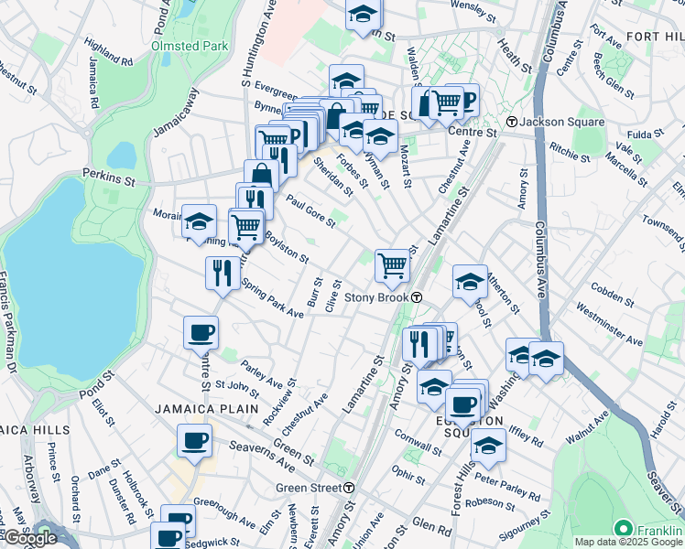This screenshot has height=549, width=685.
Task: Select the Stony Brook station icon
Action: [x=416, y=297]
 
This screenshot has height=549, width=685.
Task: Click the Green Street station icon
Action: [x=349, y=488]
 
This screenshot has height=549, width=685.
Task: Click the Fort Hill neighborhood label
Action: [x=655, y=36]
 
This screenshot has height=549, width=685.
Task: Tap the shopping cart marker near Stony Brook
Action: [x=393, y=265]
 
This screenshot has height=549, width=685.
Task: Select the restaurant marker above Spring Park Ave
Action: [x=222, y=273]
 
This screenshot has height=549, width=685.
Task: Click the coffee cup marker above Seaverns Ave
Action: [x=195, y=441]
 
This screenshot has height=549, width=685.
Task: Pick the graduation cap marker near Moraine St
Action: [x=199, y=221]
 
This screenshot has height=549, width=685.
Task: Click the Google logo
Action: [x=29, y=538]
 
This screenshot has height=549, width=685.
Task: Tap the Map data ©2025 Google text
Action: [x=628, y=542]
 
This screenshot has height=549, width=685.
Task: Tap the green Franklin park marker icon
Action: [x=624, y=530]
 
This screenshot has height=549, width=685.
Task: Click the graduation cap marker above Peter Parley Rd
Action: [x=488, y=447]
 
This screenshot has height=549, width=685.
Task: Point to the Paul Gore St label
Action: [x=310, y=212]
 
